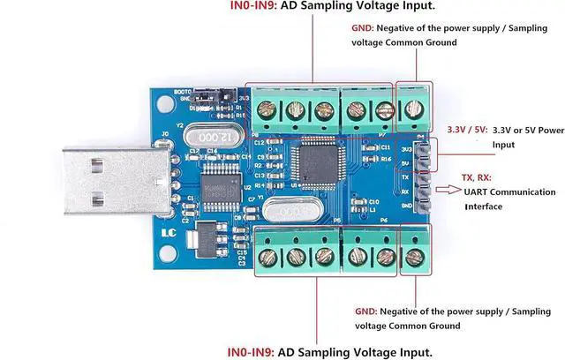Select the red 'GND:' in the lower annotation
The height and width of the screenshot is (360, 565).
tap(365, 311)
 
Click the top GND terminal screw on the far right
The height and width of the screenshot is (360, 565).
tap(413, 109)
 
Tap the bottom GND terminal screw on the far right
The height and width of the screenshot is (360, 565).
tap(414, 256)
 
